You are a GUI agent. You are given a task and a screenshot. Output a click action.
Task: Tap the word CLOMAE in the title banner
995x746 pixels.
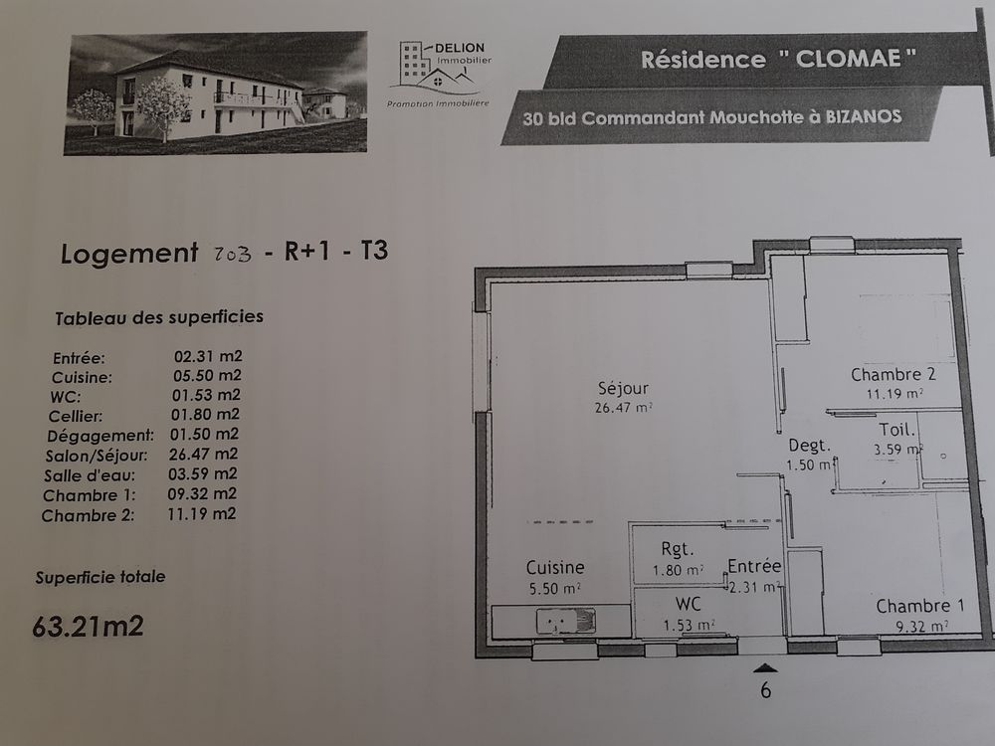[x=848, y=59]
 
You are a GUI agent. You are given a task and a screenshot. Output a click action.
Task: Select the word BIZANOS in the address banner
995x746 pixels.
[x=864, y=116]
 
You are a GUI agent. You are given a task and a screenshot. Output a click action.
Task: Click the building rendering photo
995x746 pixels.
[x=216, y=93]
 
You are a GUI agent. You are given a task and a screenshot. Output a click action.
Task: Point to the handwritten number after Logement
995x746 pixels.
[x=232, y=255]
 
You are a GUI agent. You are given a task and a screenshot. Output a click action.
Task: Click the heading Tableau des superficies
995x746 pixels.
[x=159, y=317]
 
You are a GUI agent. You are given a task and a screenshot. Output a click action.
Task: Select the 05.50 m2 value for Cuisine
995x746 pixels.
[x=207, y=376]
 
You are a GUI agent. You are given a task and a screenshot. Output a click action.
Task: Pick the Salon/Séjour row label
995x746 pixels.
[x=97, y=456]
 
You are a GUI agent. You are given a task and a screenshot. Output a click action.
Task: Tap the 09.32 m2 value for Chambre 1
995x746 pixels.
[x=202, y=493]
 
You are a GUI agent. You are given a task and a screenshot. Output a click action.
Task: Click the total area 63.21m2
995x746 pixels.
[x=89, y=626]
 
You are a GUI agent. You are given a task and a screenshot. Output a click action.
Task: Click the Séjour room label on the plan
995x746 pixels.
[x=623, y=388]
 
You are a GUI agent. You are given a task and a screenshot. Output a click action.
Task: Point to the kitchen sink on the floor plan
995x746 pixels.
[x=566, y=621]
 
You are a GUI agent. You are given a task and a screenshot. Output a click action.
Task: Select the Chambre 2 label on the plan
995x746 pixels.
[x=894, y=374]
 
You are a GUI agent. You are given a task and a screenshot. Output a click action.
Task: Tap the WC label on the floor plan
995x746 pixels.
[x=688, y=604]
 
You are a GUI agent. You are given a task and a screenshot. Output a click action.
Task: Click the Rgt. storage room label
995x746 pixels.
[x=677, y=549]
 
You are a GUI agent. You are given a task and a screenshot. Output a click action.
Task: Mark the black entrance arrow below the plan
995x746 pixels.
[x=765, y=667]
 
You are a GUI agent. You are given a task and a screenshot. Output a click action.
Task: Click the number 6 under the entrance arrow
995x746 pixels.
[x=766, y=689]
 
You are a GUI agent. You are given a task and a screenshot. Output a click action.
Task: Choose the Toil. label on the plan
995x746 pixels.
[x=897, y=430]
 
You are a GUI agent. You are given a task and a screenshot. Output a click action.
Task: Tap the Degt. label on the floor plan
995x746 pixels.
[x=809, y=446]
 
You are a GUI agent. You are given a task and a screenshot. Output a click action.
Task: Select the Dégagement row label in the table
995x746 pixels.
[x=100, y=436]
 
